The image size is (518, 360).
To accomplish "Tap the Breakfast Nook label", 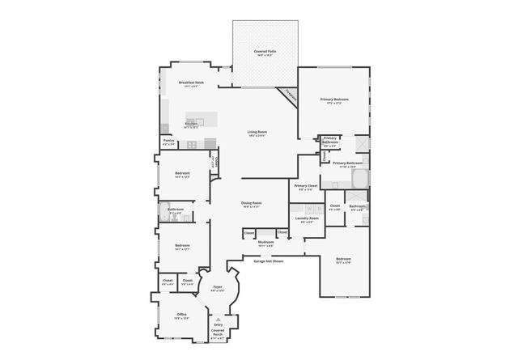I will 191,83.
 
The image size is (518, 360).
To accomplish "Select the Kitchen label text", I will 191,124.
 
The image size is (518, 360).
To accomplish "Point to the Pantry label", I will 169,141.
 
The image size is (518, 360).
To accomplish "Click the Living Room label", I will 257,132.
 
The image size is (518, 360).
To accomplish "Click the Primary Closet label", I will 306,186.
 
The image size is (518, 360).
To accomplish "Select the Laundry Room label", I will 307,218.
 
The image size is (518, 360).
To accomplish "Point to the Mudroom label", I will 265,241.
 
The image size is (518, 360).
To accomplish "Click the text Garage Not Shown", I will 269,261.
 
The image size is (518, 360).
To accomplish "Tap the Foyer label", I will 218,287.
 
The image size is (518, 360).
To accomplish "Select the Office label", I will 182,315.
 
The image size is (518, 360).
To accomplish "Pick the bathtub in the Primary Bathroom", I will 356,180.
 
